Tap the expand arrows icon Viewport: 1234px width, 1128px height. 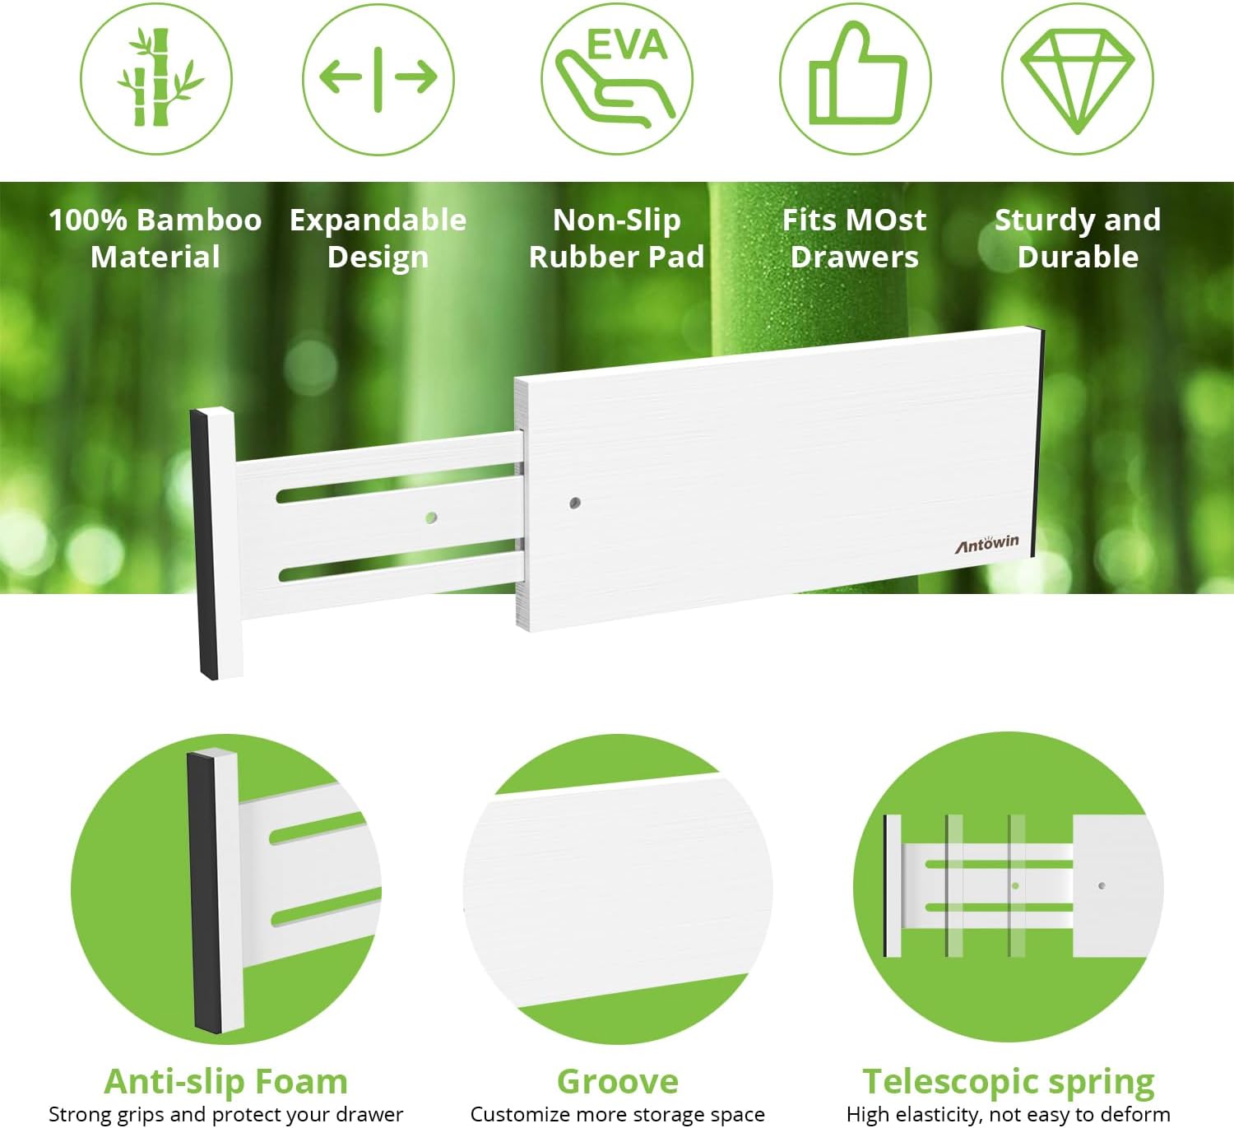click(378, 79)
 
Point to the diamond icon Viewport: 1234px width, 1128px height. click(1077, 81)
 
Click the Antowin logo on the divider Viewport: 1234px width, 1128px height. click(986, 543)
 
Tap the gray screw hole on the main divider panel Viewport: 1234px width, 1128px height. click(575, 503)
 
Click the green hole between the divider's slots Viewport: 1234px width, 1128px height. click(431, 518)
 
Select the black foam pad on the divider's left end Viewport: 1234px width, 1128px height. click(204, 544)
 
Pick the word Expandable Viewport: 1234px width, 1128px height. click(378, 220)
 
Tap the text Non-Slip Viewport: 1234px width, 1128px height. click(617, 220)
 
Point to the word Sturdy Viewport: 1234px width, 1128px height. click(1043, 220)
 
